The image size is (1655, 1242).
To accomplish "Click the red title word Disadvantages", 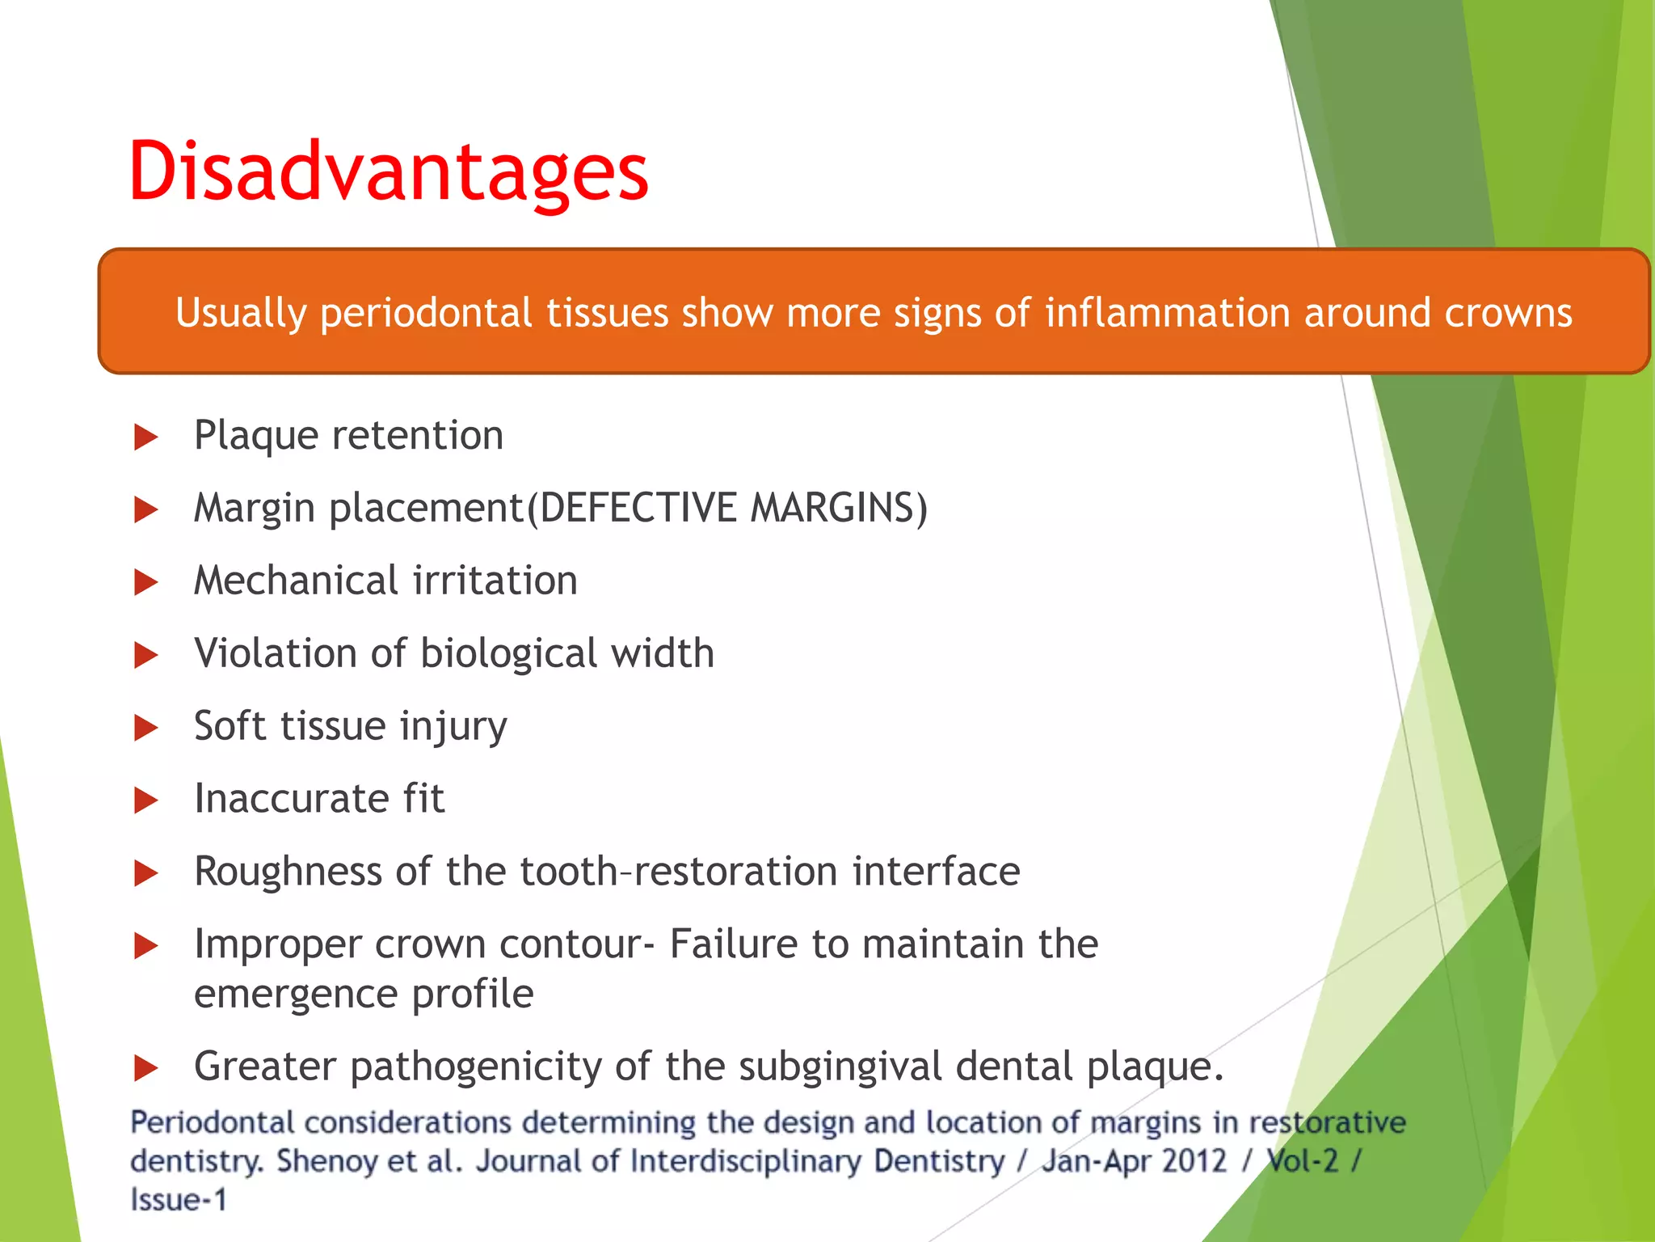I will point(388,171).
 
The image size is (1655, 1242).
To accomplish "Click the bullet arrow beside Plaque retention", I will point(145,437).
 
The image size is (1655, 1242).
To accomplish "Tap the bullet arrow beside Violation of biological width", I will point(145,655).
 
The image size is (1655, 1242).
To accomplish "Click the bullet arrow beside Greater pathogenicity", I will point(145,1068).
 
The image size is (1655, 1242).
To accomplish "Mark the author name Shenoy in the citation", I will point(327,1161).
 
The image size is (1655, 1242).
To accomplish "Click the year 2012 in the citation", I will point(1193,1161).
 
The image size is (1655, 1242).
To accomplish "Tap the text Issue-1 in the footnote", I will point(178,1200).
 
